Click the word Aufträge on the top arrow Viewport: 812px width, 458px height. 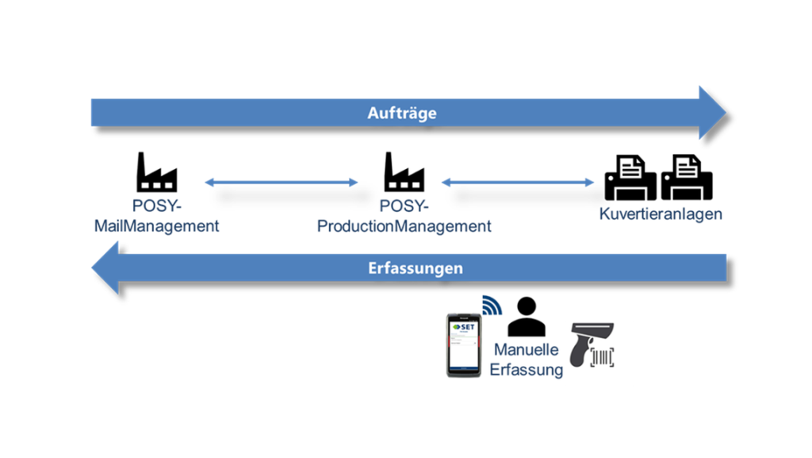[x=402, y=113]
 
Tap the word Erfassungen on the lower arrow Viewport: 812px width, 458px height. [x=415, y=267]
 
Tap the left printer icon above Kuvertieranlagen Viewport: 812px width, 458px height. [x=630, y=177]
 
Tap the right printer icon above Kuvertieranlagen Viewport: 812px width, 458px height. [x=688, y=177]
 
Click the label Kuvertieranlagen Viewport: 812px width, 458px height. [x=661, y=214]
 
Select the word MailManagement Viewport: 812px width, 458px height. [x=156, y=226]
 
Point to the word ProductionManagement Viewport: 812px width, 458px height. [x=404, y=226]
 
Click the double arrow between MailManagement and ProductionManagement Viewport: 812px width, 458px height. [x=282, y=183]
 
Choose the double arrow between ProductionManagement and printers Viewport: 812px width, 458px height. [x=517, y=183]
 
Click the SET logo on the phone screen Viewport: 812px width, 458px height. [x=465, y=327]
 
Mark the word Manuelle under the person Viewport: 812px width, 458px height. [x=526, y=350]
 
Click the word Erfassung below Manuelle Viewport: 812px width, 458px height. [x=526, y=369]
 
